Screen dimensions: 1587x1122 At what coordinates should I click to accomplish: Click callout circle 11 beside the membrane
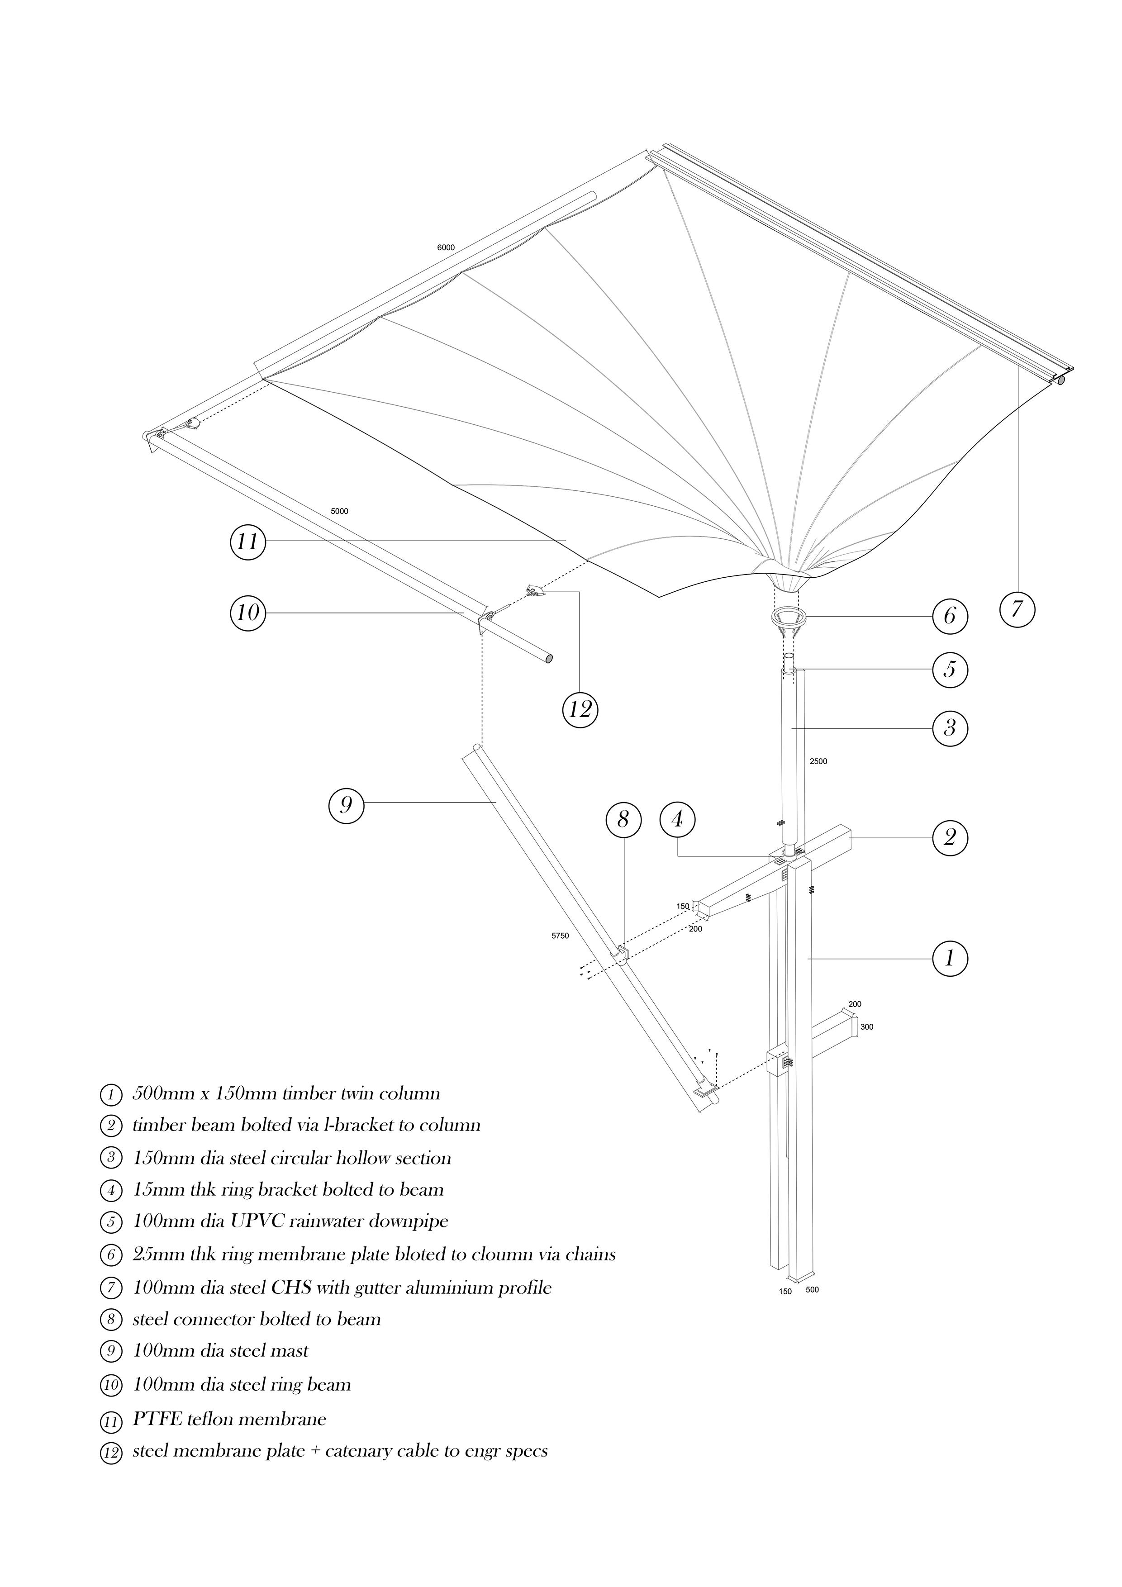point(247,541)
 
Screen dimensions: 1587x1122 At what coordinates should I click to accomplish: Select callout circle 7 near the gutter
point(1017,609)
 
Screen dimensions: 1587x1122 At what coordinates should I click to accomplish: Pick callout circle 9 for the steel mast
point(347,804)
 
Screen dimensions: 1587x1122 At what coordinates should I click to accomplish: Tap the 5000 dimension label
point(339,512)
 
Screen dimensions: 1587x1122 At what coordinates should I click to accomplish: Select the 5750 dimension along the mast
point(560,936)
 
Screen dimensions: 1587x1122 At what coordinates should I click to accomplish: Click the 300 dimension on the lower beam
point(867,1027)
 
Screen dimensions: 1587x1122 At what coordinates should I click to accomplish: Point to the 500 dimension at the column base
point(812,1290)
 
